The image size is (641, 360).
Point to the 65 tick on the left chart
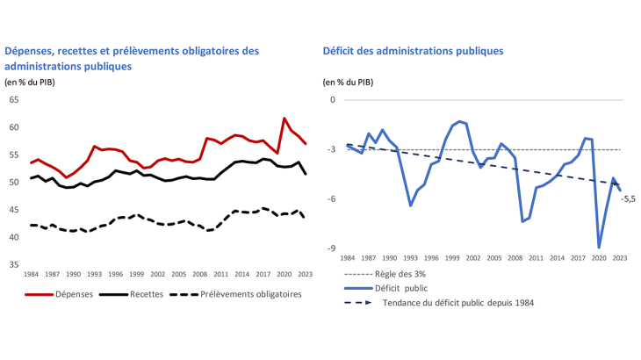click(x=13, y=100)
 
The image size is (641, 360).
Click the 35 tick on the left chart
click(x=13, y=264)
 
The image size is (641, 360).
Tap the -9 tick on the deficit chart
click(x=331, y=248)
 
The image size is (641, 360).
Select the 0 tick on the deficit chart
click(x=333, y=100)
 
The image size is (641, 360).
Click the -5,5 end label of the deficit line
click(x=628, y=199)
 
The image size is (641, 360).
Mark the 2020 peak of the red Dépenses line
click(x=284, y=118)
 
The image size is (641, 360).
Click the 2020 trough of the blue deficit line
click(x=599, y=247)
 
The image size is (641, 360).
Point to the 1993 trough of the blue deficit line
click(x=410, y=205)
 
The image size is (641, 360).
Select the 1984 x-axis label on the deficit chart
click(x=348, y=258)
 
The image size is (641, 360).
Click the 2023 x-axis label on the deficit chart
click(x=619, y=258)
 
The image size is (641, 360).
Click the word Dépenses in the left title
click(x=32, y=51)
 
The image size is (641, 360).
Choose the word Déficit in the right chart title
click(x=342, y=51)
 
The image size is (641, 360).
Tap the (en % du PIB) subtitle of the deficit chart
click(x=348, y=83)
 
